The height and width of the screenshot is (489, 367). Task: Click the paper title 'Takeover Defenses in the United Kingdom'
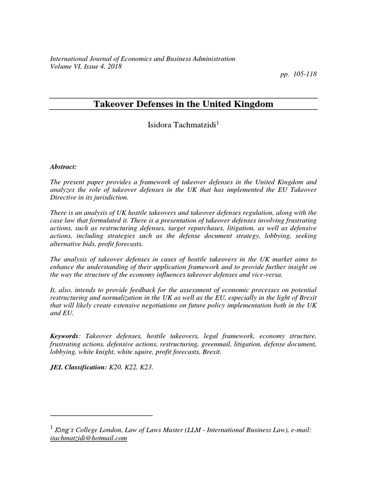pos(183,104)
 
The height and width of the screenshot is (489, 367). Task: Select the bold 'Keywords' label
pos(65,336)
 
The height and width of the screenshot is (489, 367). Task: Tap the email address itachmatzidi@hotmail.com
pos(88,438)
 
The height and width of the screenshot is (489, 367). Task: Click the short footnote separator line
pos(101,415)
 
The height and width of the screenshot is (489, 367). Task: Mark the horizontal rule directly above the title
pos(183,98)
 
